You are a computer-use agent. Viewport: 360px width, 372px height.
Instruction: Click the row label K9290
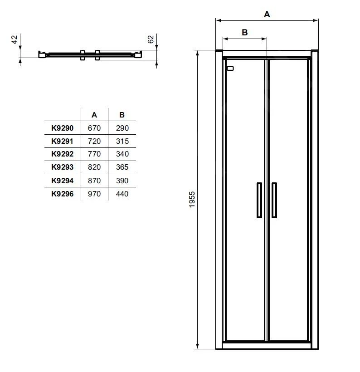(x=62, y=128)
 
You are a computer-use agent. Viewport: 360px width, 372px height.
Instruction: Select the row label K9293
(x=62, y=167)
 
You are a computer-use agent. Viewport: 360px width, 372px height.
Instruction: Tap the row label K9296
(x=62, y=194)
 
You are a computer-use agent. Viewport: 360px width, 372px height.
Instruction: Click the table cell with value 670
(x=94, y=128)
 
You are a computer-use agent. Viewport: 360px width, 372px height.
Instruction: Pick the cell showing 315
(x=122, y=142)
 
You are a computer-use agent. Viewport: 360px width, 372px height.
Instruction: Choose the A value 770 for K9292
(x=94, y=154)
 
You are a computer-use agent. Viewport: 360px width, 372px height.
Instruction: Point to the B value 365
(x=122, y=167)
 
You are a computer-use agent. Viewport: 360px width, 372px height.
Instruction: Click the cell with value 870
(x=94, y=181)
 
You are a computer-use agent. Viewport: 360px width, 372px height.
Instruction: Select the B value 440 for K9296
(x=122, y=194)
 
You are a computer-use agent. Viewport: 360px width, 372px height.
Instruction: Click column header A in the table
(x=94, y=115)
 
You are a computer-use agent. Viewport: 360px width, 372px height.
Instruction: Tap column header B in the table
(x=122, y=115)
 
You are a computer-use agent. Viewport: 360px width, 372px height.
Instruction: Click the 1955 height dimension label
(x=192, y=200)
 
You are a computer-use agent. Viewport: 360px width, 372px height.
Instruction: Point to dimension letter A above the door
(x=267, y=15)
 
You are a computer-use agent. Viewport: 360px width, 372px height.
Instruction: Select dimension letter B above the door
(x=244, y=32)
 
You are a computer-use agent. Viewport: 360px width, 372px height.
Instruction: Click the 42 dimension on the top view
(x=14, y=40)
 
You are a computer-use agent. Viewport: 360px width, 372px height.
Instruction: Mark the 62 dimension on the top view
(x=151, y=39)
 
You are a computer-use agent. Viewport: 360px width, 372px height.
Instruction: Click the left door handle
(x=259, y=200)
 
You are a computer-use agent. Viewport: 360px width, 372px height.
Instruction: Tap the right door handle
(x=274, y=200)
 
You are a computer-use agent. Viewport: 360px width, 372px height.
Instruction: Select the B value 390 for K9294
(x=122, y=181)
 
